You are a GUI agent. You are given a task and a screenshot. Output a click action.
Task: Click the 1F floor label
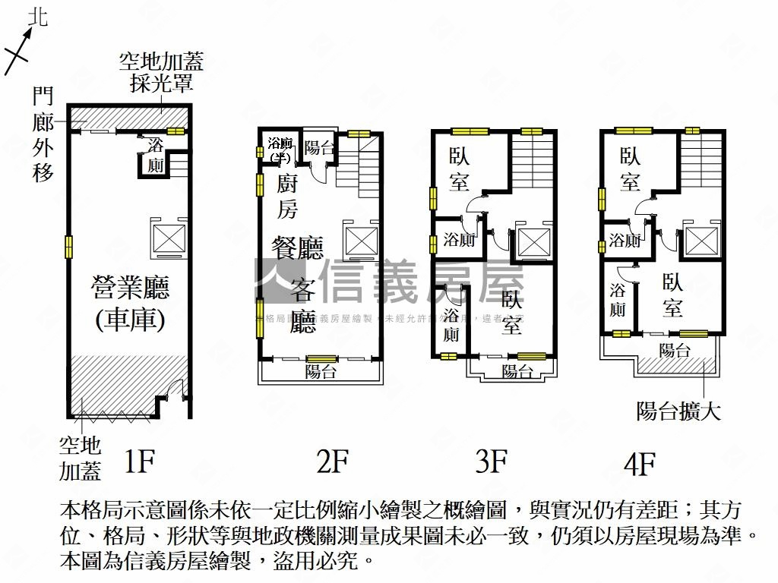click(140, 461)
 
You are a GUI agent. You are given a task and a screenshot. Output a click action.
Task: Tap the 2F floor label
click(332, 461)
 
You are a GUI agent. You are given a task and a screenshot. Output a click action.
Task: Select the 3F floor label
click(492, 461)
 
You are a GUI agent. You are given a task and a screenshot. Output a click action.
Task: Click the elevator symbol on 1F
click(169, 238)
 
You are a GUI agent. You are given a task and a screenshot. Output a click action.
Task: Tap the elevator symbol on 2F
click(360, 241)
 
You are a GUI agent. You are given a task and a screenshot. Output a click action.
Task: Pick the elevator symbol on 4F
click(700, 241)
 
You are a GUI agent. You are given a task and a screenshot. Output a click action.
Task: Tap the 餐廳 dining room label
click(298, 248)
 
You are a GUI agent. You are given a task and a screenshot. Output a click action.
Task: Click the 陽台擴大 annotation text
click(678, 412)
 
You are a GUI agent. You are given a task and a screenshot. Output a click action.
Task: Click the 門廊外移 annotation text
click(43, 134)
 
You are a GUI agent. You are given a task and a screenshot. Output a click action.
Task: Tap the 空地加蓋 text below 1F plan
click(81, 459)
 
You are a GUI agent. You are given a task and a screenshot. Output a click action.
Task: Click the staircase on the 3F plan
click(532, 163)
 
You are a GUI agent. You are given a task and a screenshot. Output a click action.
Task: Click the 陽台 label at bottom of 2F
click(321, 372)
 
